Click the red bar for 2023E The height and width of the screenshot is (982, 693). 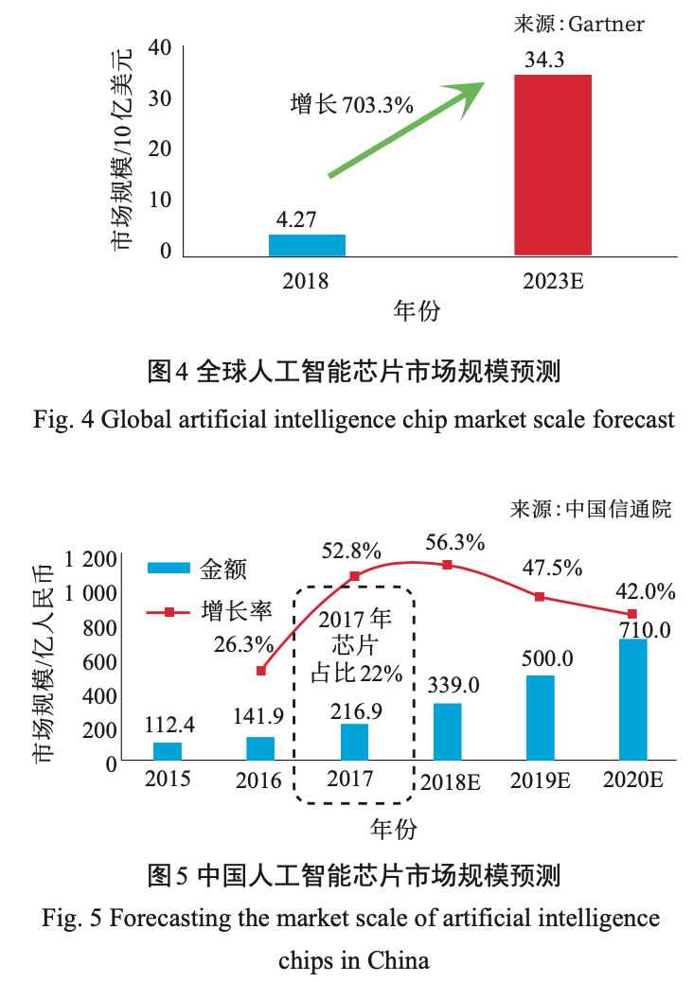tap(552, 165)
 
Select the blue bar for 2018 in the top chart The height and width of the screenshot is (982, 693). tap(307, 244)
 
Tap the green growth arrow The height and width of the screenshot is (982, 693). tap(407, 128)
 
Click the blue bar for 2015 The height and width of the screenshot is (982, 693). tap(168, 750)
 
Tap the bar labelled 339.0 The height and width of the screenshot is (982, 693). tap(448, 731)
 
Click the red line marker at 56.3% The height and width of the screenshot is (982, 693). tap(448, 565)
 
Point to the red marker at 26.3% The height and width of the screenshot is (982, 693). tap(262, 671)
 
